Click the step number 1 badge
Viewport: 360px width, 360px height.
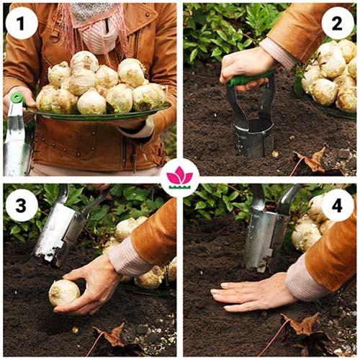(x=22, y=23)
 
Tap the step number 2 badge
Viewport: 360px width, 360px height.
(x=337, y=23)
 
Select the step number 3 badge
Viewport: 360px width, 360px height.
(x=22, y=205)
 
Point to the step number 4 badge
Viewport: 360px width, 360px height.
(x=337, y=205)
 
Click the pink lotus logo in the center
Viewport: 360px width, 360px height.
(x=180, y=178)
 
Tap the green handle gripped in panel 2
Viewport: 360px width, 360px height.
(x=250, y=79)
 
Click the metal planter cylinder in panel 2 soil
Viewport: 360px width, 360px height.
(x=254, y=139)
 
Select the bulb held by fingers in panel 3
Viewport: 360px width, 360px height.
(x=64, y=292)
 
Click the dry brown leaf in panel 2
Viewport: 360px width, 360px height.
(x=312, y=160)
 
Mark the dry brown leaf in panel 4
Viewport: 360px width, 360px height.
(x=304, y=324)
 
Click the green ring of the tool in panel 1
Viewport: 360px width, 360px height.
(x=17, y=97)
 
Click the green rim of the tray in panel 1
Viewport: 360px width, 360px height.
(x=101, y=116)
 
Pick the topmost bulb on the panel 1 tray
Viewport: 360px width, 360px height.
(x=84, y=61)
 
